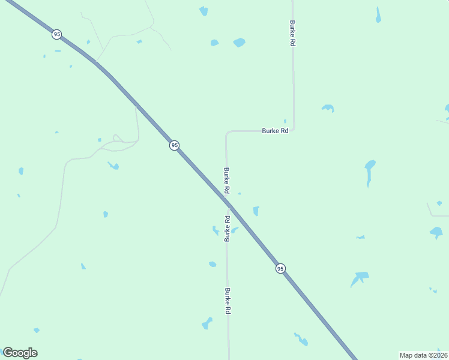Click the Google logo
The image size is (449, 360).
[20, 353]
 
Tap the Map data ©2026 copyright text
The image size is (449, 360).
[423, 355]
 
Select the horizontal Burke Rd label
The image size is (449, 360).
[275, 131]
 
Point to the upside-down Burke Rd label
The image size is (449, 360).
[227, 229]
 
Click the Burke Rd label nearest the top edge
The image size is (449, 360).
[292, 34]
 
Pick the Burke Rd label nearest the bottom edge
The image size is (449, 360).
[228, 301]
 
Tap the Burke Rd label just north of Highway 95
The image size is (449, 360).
[226, 180]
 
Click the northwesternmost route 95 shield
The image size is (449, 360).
[56, 34]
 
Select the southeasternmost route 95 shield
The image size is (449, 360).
[280, 268]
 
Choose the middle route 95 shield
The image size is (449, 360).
[174, 145]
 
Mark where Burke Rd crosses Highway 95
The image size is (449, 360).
[228, 204]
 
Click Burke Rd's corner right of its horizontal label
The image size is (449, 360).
[294, 130]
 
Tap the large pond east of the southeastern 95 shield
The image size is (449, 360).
[360, 277]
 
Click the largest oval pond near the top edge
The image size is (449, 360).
[239, 43]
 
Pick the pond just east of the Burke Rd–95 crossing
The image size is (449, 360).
[256, 211]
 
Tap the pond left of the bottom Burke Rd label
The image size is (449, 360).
[207, 323]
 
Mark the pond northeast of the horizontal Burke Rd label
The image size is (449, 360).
[328, 108]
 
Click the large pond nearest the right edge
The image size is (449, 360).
[436, 232]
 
